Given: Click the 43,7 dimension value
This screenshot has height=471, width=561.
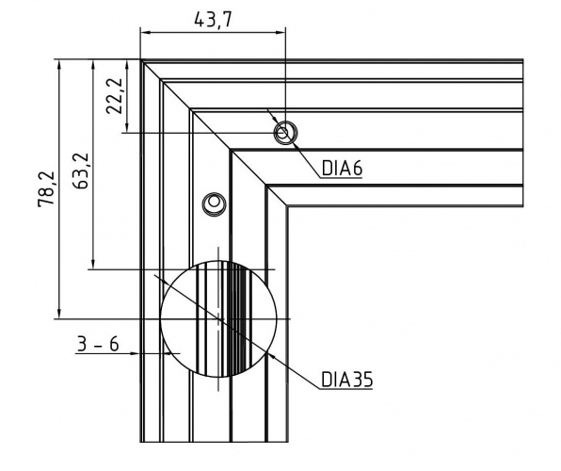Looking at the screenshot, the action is [214, 20].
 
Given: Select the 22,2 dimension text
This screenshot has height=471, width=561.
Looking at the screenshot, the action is [115, 96].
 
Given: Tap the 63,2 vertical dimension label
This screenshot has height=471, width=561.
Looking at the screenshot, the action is [81, 171].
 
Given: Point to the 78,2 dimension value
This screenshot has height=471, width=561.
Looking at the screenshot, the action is [46, 189].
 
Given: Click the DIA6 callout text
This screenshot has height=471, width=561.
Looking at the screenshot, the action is [342, 168].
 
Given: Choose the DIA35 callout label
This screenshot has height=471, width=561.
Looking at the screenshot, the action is [347, 380].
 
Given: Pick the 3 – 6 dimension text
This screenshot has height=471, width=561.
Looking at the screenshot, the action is [98, 345].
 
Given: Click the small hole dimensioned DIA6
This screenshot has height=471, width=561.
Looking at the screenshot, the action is [285, 133].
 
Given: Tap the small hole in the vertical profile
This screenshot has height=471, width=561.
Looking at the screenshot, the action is [214, 203].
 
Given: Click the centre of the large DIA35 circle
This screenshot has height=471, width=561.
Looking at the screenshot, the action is [218, 318].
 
